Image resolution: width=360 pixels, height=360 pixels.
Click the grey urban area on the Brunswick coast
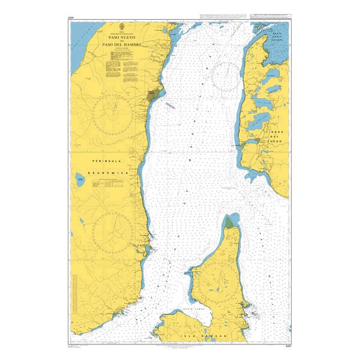tap(154, 95)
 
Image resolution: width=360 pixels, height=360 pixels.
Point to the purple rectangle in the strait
tap(170, 104)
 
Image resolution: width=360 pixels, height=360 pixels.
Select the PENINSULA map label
tap(104, 162)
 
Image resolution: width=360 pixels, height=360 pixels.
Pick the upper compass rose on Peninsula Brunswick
tap(113, 113)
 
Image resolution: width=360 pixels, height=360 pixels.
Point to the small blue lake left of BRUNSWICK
tap(80, 178)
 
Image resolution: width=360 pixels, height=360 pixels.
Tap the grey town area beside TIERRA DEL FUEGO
tap(257, 141)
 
